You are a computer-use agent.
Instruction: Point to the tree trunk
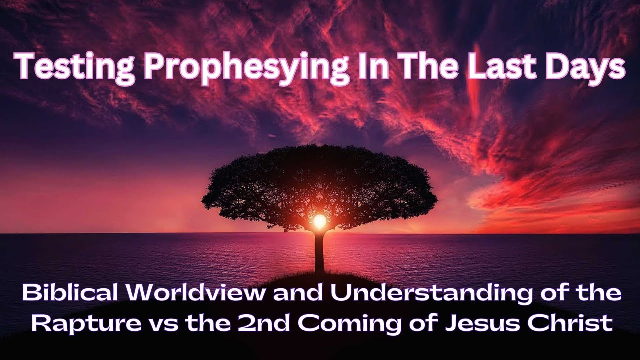[x=319, y=252]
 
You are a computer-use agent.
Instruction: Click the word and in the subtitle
[x=297, y=293]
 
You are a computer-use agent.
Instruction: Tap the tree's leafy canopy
[x=320, y=180]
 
